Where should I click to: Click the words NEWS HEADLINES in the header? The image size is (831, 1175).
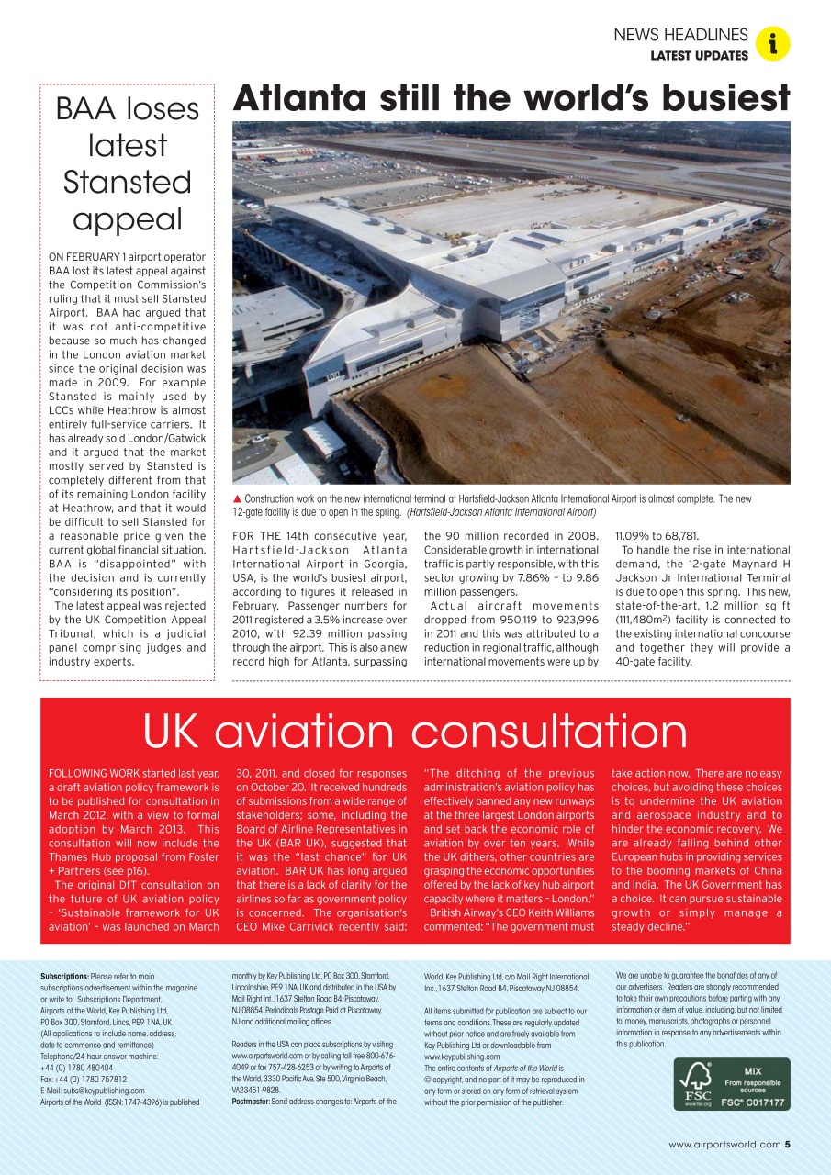(680, 35)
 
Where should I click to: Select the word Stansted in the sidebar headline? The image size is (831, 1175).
(127, 182)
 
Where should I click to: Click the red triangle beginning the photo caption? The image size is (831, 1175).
(237, 498)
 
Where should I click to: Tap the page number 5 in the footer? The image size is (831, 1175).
(788, 1144)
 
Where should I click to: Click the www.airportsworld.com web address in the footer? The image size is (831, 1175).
(724, 1144)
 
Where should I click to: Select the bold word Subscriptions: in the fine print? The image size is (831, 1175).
(63, 976)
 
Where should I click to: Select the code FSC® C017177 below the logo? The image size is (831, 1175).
(753, 1102)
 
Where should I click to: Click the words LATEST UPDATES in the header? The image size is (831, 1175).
(699, 56)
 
